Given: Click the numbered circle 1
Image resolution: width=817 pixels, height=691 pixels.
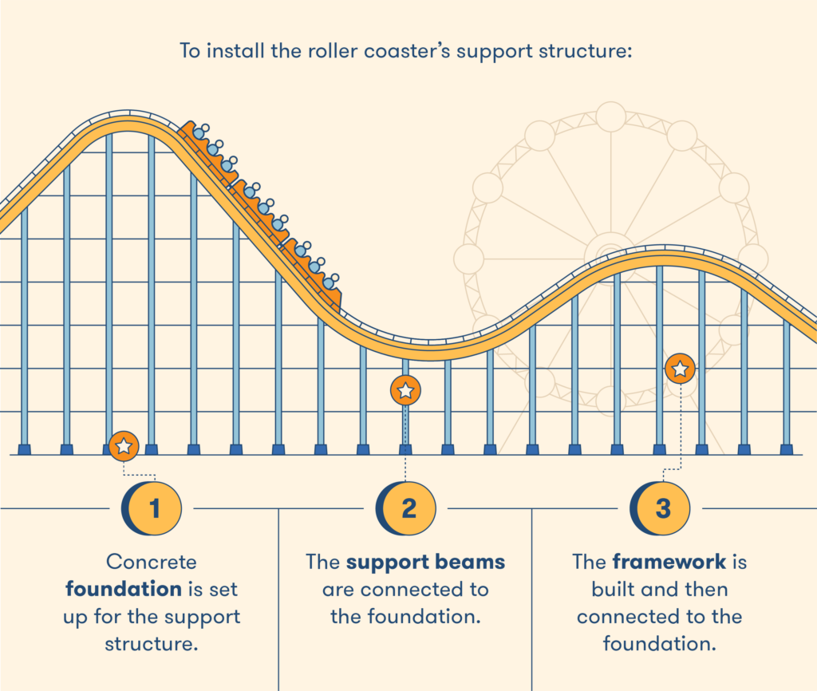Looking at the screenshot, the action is tap(152, 508).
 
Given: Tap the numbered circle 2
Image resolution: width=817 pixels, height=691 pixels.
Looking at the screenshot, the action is tap(406, 508).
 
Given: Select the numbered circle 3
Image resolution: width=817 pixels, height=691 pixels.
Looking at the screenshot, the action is tap(661, 508).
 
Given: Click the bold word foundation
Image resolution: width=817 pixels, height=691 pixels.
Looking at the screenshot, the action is tap(124, 589).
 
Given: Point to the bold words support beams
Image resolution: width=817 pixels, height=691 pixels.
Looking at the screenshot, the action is tap(426, 563).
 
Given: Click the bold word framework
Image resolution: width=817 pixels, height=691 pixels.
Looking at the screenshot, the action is tap(669, 562).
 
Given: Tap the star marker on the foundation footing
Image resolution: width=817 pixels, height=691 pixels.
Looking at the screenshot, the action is tap(124, 446).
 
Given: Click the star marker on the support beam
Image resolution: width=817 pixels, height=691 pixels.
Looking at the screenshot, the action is tap(405, 390).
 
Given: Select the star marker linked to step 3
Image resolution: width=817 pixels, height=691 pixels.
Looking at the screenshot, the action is tap(680, 369).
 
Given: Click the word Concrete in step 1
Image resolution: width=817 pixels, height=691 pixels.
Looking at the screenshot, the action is tap(152, 562).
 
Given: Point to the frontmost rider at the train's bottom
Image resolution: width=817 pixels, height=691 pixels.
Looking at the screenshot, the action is tap(330, 282).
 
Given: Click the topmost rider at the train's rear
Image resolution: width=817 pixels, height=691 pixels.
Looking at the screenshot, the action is tap(200, 132).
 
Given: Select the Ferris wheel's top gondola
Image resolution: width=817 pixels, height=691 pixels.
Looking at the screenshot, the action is tap(610, 116).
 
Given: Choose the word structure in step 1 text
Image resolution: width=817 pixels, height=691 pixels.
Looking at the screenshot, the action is tap(151, 644).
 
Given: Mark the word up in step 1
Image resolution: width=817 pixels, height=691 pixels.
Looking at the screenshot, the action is tap(75, 618).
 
